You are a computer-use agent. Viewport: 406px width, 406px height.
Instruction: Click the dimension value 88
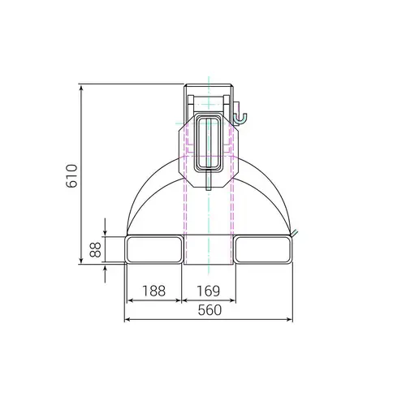coord(95,250)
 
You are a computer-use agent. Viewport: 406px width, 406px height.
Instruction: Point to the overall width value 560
coord(209,309)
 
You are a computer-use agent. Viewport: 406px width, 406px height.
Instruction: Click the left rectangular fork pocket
coord(154,249)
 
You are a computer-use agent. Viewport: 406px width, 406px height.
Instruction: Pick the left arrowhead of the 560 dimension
coord(127,319)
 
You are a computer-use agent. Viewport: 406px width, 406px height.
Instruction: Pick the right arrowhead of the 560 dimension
coord(291,319)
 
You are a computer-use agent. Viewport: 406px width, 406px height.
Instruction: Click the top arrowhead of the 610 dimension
coord(83,86)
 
